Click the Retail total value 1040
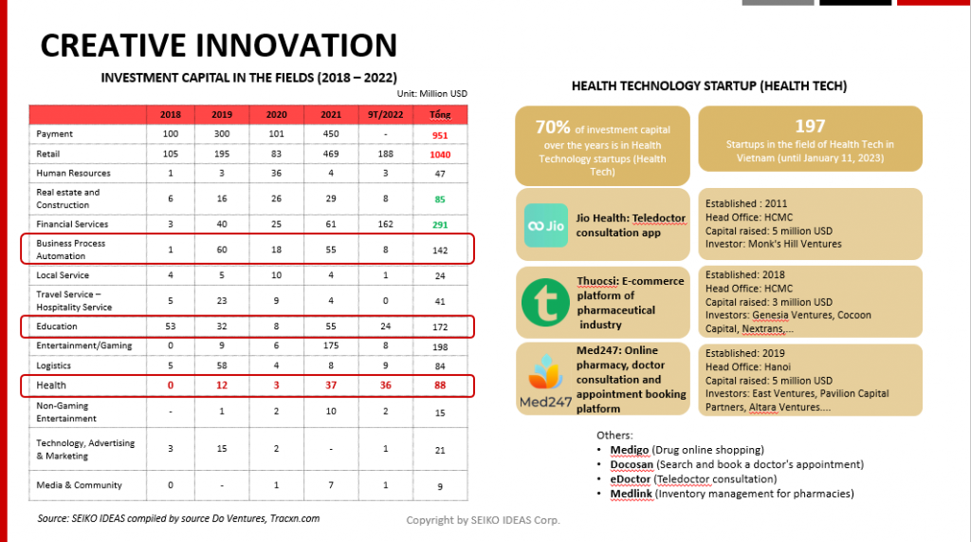440,155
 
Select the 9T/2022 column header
385,115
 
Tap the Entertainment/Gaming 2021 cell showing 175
331,346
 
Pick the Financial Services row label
72,224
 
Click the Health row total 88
440,385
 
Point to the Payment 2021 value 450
331,134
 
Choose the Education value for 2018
171,327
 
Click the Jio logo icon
545,225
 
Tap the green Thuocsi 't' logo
545,302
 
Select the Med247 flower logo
545,372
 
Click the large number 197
810,126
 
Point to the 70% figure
553,127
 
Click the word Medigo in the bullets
630,450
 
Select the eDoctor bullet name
630,478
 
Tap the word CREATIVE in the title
114,46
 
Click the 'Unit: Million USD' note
431,94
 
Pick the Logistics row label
53,365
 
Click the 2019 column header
222,115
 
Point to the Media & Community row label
79,485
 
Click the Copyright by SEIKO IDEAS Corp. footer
483,520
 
